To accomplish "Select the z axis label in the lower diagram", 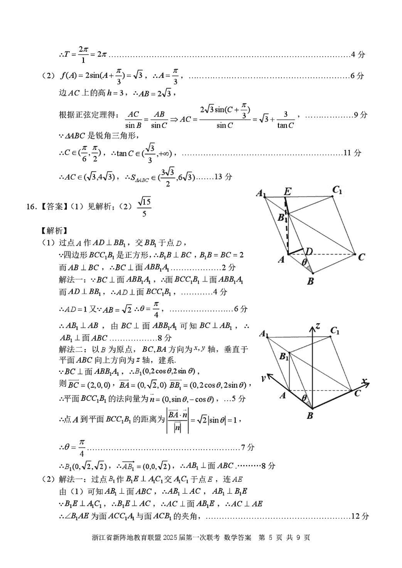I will point(318,326).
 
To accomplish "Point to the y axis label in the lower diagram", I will point(262,377).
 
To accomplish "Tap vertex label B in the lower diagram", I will point(310,415).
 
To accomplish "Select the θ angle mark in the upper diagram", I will point(304,262).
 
